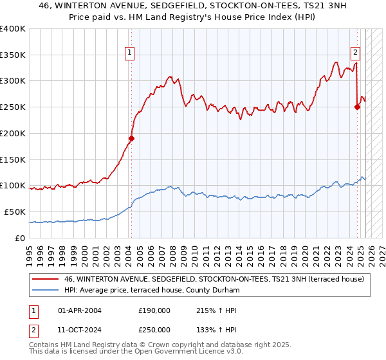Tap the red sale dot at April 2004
point(131,138)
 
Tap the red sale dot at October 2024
point(357,107)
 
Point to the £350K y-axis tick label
point(13,55)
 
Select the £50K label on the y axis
point(15,212)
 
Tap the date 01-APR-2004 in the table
point(80,310)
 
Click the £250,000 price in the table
point(154,329)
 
